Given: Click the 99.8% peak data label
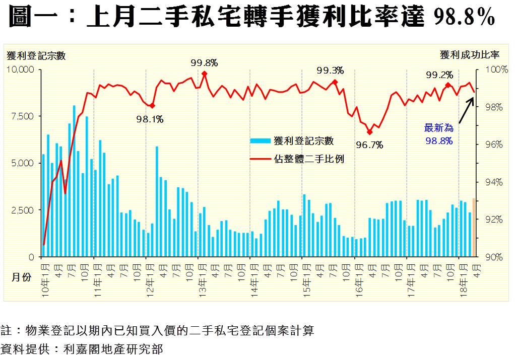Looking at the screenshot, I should (204, 63).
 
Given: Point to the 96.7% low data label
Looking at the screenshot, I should (369, 146).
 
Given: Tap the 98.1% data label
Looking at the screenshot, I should (150, 119).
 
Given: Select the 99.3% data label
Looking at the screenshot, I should (330, 70).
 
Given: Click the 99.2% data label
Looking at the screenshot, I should (439, 75).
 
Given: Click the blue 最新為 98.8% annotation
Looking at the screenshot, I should (439, 134).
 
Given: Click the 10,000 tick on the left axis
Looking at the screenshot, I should (20, 69).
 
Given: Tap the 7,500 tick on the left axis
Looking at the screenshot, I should (23, 116).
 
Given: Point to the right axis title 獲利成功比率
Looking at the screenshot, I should (469, 54).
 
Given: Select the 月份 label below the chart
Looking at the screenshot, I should (20, 276).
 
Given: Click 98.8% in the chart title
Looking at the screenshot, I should (464, 19).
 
